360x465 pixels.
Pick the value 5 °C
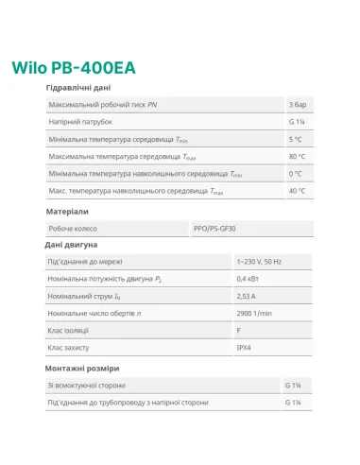[x=297, y=139]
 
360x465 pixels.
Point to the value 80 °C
[x=299, y=156]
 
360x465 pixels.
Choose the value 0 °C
[x=297, y=173]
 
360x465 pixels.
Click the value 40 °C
[x=299, y=190]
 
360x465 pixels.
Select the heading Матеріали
[x=67, y=212]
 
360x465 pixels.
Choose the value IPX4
[x=244, y=347]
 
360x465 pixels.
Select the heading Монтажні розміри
[x=82, y=368]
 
